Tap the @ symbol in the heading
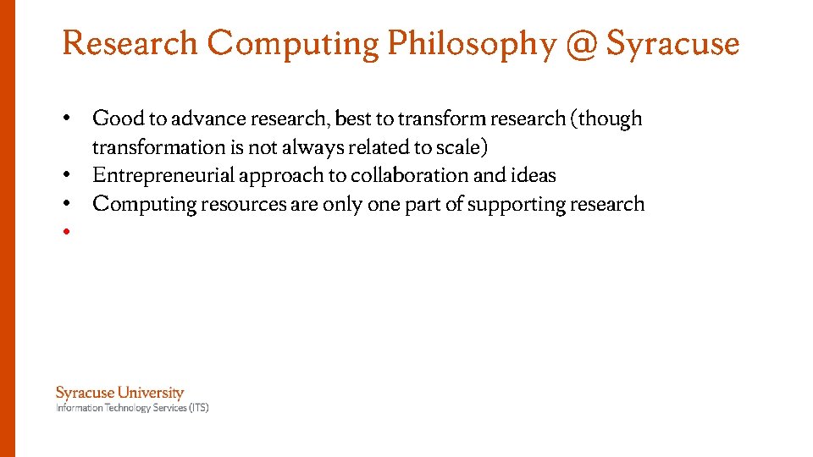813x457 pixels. [x=581, y=44]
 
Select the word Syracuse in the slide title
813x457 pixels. [x=673, y=44]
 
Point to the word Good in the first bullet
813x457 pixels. [x=118, y=118]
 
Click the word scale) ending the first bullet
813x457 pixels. [x=462, y=147]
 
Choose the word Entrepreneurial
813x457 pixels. [x=163, y=175]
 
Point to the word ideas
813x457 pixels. [x=534, y=175]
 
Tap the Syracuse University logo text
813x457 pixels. [x=119, y=393]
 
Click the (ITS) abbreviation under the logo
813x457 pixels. [x=198, y=408]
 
